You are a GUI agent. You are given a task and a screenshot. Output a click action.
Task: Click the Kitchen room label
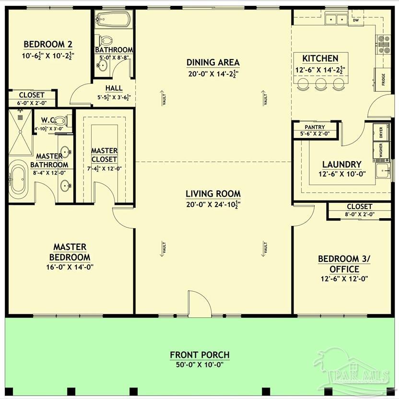pos(320,59)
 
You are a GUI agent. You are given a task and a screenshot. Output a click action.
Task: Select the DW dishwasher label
pos(356,21)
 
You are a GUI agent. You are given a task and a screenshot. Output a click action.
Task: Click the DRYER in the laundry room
pos(381,133)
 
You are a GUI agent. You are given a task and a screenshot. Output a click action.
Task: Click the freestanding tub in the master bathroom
pos(19,179)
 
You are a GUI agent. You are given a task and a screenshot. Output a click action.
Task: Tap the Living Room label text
pos(213,194)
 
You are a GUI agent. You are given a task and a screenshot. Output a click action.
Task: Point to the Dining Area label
pos(213,62)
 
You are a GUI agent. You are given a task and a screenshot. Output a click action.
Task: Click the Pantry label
pos(315,127)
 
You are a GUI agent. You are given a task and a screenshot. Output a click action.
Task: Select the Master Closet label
pos(104,155)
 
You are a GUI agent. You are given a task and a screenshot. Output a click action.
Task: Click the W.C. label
pos(49,120)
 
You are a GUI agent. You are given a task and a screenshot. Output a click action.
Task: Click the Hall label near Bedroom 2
pos(114,88)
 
